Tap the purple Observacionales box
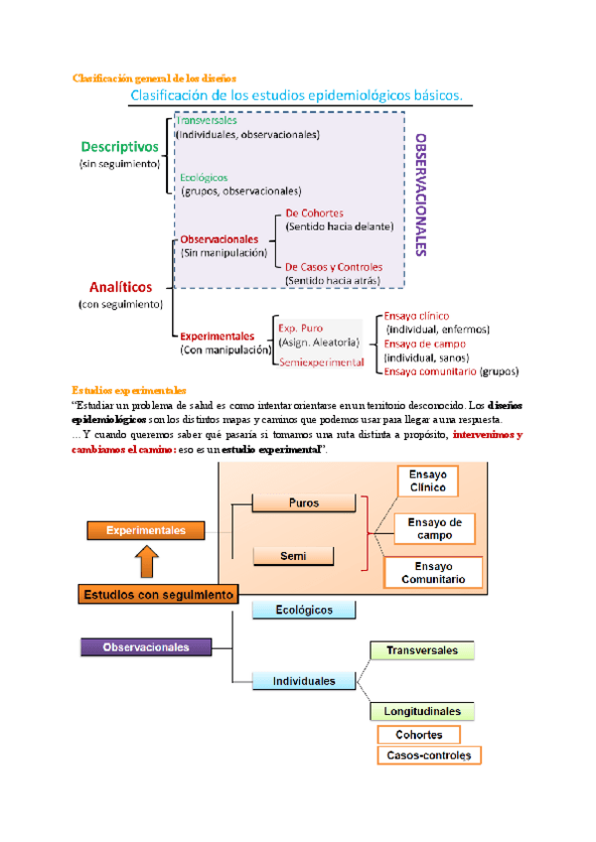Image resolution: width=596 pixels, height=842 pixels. click(x=148, y=646)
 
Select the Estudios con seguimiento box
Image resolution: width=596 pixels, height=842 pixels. click(x=158, y=595)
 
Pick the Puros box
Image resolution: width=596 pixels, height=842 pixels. click(x=304, y=503)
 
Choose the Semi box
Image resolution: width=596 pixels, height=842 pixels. click(x=304, y=555)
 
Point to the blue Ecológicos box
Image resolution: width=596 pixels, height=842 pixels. click(x=305, y=610)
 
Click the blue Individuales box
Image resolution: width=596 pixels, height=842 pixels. click(x=305, y=681)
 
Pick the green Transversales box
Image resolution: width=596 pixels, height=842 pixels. click(x=422, y=650)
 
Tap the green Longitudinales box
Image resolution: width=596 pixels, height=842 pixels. click(x=422, y=711)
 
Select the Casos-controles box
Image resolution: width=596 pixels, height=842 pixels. click(x=429, y=756)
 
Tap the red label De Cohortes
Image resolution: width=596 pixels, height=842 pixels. click(x=314, y=213)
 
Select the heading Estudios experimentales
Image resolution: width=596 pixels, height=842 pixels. click(x=129, y=389)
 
